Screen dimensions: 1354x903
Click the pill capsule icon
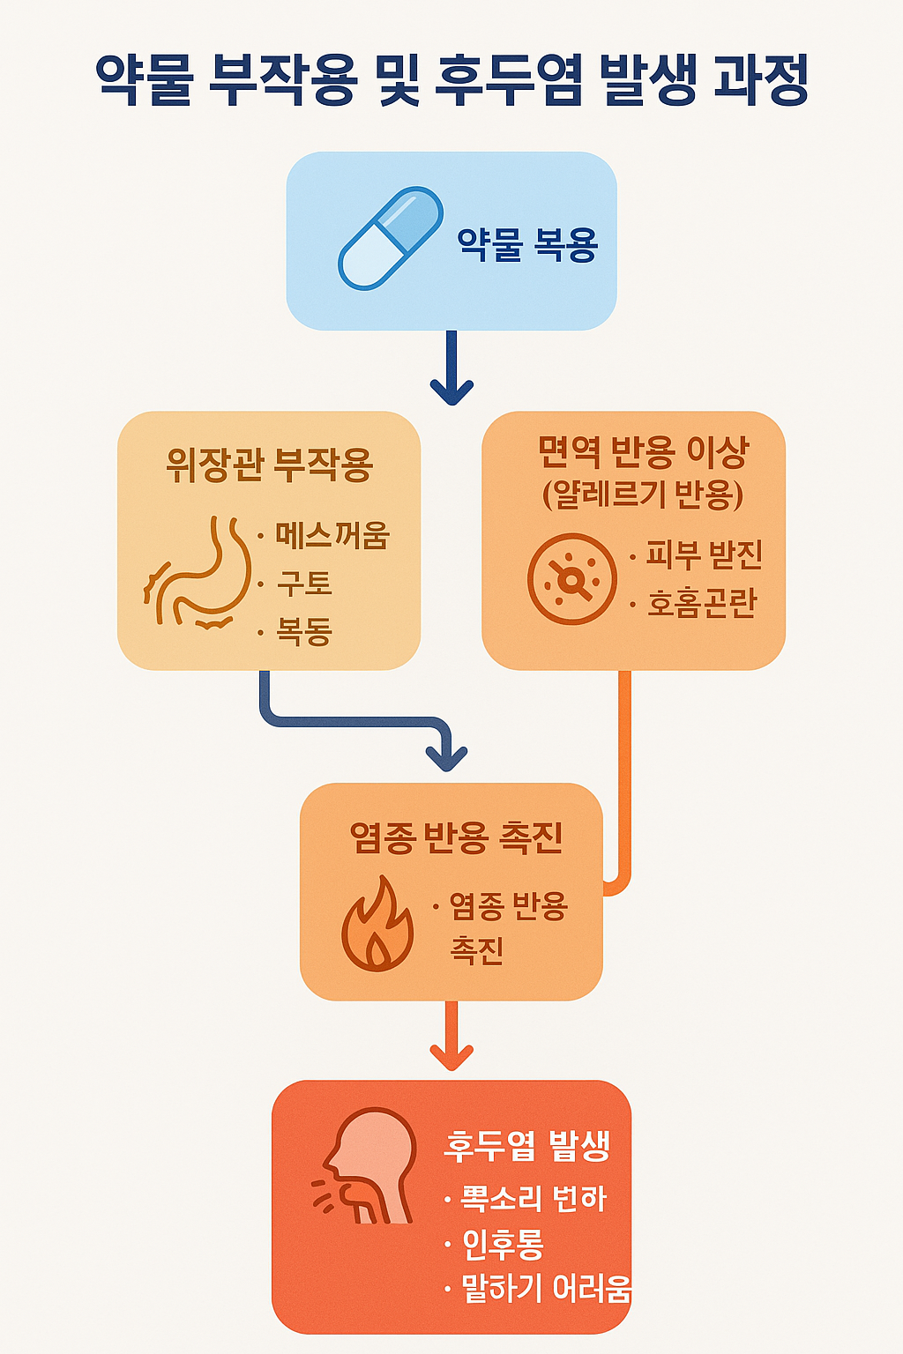pos(391,238)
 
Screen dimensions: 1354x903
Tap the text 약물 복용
pos(527,244)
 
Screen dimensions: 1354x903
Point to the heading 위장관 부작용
pos(269,465)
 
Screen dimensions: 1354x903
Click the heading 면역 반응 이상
pos(643,452)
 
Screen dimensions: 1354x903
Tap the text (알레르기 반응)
pos(643,495)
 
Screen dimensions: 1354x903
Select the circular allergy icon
pos(571,579)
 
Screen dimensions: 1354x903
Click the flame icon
pos(377,925)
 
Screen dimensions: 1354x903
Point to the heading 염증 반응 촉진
pos(456,837)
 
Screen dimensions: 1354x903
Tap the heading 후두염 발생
pos(526,1145)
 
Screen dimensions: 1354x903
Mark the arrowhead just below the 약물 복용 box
pos(451,390)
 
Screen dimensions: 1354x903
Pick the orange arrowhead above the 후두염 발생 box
pos(451,1055)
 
